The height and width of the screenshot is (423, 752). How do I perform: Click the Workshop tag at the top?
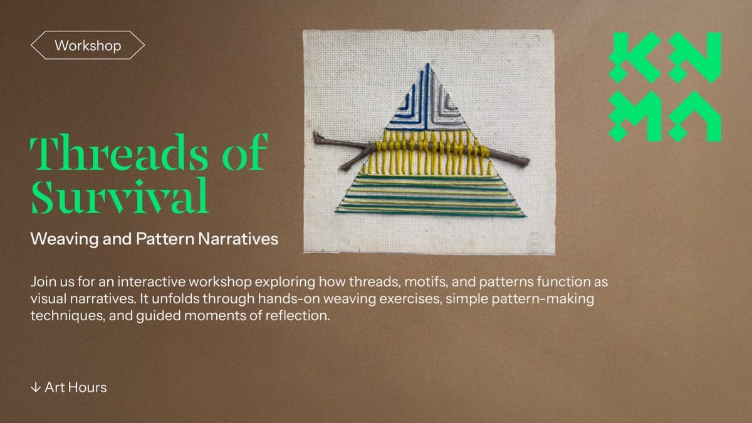(x=88, y=46)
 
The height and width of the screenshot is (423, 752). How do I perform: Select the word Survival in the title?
(x=119, y=196)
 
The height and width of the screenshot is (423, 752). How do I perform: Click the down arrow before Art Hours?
(x=35, y=387)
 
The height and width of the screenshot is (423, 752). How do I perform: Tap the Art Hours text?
(x=75, y=387)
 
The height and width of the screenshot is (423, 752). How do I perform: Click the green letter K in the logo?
(x=634, y=58)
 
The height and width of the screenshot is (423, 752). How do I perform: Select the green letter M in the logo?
(x=634, y=117)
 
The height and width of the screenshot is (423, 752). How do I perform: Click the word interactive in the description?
(x=149, y=282)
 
